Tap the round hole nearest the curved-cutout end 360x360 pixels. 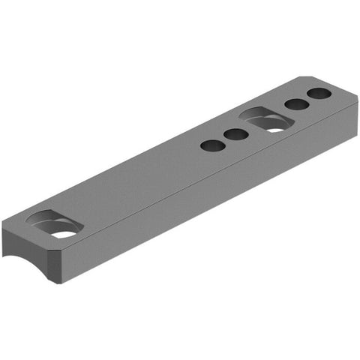(214, 145)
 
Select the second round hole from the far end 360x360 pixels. (296, 105)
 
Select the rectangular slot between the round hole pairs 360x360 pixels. (265, 119)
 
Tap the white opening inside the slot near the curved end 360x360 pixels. (64, 234)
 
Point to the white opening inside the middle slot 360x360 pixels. (275, 127)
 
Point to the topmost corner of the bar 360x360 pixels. (304, 75)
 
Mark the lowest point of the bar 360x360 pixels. (56, 286)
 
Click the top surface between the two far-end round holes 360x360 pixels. (308, 100)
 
